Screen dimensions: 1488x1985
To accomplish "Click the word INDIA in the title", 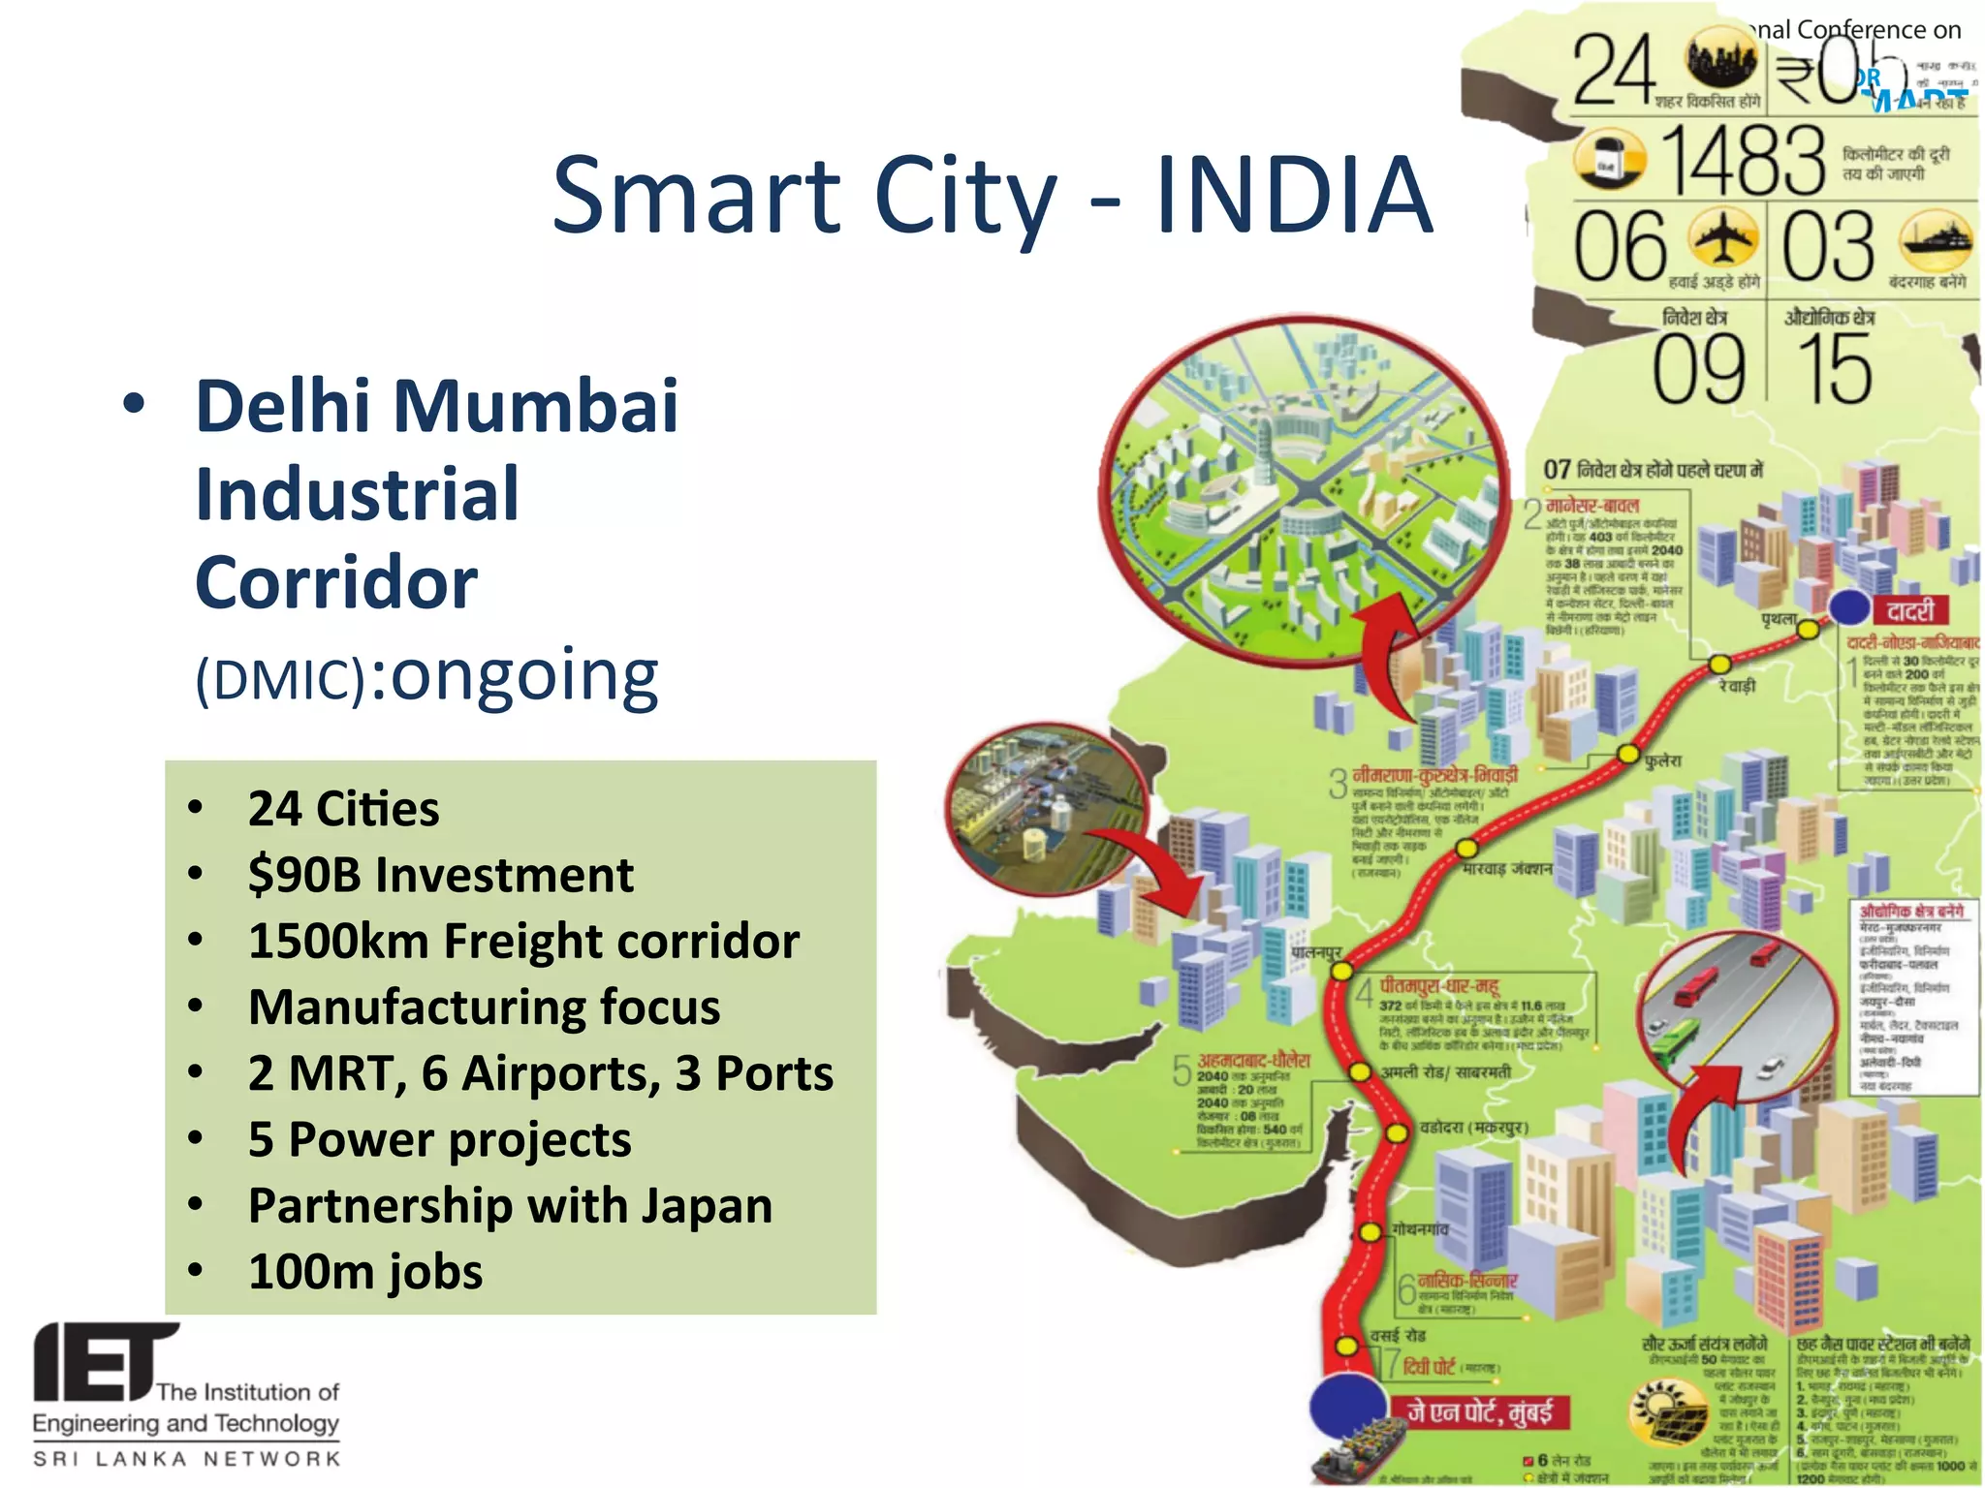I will pos(1294,197).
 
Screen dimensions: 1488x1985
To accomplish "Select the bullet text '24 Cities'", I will pos(343,809).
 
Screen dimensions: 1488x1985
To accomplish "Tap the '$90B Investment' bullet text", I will pos(440,875).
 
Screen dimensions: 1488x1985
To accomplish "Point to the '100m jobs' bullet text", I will pos(365,1271).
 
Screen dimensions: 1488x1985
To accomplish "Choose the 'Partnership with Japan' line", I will pos(510,1205).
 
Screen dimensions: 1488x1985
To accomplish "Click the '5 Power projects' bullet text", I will pos(439,1139).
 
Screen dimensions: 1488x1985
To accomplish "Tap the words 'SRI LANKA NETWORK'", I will pos(187,1458).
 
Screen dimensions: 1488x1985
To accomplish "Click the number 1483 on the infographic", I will pos(1742,161).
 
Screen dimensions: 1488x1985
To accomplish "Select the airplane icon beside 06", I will pos(1722,238).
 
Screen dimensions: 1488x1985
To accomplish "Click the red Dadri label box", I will pos(1910,611).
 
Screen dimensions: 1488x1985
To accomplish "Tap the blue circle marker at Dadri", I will pos(1849,607).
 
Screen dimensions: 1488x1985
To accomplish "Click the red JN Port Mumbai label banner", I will pos(1480,1411).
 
